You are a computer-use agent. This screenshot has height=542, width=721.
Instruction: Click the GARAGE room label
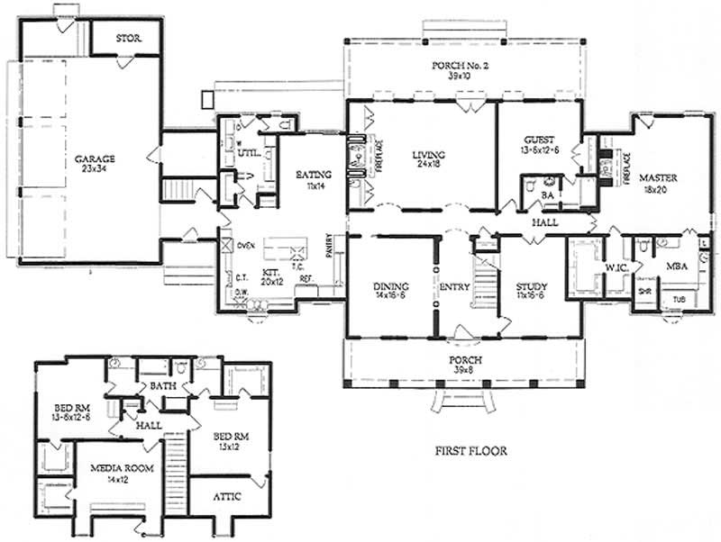[x=96, y=158]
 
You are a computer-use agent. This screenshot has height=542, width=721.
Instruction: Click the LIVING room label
[x=424, y=154]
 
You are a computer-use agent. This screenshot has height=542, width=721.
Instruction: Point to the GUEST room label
[x=538, y=140]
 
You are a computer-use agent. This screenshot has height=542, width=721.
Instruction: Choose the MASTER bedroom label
[x=658, y=177]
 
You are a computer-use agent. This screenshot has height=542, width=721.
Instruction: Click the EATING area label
[x=313, y=174]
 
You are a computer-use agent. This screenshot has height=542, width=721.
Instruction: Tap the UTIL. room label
[x=250, y=154]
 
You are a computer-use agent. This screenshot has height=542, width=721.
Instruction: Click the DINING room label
[x=392, y=287]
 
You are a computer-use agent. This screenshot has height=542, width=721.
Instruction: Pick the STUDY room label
[x=528, y=287]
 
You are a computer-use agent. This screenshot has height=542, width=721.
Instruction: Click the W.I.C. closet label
[x=616, y=266]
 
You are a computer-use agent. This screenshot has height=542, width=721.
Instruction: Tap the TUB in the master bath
[x=678, y=300]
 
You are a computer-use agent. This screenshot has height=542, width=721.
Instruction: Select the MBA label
[x=677, y=266]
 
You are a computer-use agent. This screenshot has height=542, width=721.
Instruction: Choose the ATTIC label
[x=227, y=496]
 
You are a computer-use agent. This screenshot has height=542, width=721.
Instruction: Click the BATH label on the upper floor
[x=163, y=386]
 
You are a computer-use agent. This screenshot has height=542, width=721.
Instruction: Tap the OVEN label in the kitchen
[x=247, y=243]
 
